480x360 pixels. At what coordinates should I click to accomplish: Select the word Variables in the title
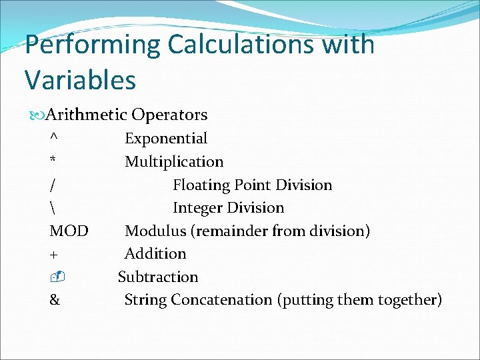(80, 80)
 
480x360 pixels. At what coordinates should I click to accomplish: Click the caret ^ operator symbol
(53, 137)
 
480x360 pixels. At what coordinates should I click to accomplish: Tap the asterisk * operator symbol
(53, 162)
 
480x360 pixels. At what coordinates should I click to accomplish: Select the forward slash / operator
(52, 185)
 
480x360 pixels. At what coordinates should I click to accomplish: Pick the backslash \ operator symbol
(52, 208)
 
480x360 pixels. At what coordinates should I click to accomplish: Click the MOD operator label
(69, 231)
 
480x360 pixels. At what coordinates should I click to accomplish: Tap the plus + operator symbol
(53, 255)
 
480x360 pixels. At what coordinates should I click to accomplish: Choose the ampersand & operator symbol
(54, 300)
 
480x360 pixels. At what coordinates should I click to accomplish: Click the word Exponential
(166, 139)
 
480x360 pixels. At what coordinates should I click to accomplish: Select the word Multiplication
(174, 162)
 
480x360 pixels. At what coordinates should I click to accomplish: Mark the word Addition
(155, 254)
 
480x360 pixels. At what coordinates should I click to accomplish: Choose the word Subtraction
(158, 277)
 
